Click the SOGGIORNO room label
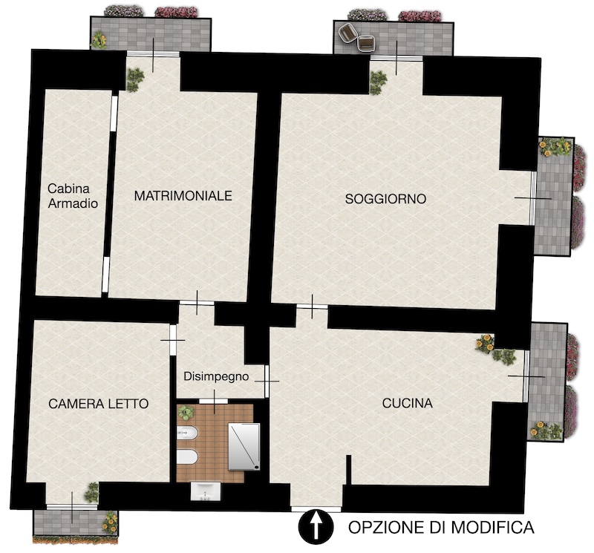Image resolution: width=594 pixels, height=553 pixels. [x=385, y=199]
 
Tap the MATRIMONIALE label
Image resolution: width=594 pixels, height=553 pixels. [x=183, y=196]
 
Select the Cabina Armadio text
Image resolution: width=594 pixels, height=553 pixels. [x=73, y=196]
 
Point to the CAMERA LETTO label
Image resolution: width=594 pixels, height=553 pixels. [x=99, y=404]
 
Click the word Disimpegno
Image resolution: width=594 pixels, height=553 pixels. [x=216, y=376]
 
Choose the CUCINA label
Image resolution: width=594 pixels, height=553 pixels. [x=407, y=403]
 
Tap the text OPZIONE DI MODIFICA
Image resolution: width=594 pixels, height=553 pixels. [x=441, y=527]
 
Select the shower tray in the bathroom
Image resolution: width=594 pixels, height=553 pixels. [x=244, y=447]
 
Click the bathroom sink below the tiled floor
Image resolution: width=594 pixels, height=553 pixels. [x=206, y=491]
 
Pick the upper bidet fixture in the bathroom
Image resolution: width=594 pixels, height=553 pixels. [x=187, y=433]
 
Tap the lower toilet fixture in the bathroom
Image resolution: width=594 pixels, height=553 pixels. [x=187, y=457]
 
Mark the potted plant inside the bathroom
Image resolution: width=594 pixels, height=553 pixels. [x=186, y=413]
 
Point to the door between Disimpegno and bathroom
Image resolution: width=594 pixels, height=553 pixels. [x=214, y=401]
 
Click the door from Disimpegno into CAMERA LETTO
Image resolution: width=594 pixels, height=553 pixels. [x=173, y=340]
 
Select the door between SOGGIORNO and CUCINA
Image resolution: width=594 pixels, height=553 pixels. [x=312, y=307]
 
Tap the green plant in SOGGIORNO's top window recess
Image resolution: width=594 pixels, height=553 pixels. [x=378, y=82]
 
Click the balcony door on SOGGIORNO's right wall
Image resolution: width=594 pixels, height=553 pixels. [x=533, y=198]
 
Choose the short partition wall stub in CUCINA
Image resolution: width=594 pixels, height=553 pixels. [x=348, y=470]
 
